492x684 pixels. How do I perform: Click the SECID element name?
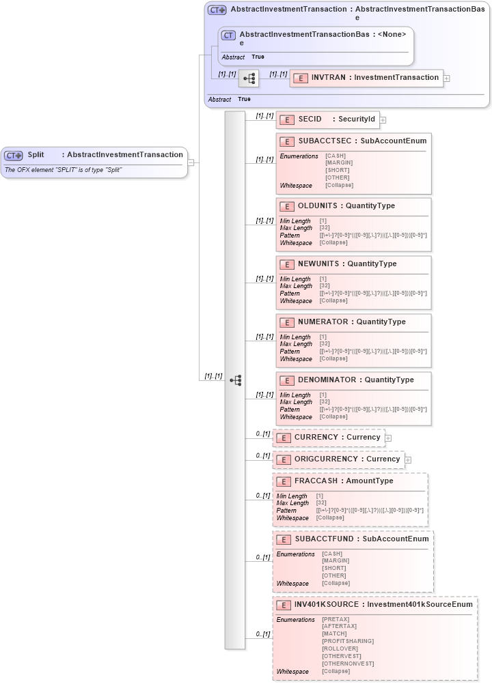point(310,119)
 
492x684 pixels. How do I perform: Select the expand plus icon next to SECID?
point(383,120)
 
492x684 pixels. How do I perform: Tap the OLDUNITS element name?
point(318,205)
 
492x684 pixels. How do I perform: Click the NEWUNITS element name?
point(319,263)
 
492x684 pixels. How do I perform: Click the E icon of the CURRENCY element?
point(283,438)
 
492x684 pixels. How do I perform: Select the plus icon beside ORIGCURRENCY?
point(408,460)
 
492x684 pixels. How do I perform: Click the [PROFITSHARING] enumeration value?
point(348,641)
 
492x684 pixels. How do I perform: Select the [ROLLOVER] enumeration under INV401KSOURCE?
point(340,649)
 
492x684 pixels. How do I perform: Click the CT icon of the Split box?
point(14,155)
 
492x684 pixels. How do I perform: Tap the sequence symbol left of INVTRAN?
point(249,79)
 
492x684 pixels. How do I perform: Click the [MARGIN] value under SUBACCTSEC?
point(339,163)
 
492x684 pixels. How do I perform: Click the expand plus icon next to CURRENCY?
point(388,438)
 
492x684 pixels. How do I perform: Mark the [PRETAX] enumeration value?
point(335,619)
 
